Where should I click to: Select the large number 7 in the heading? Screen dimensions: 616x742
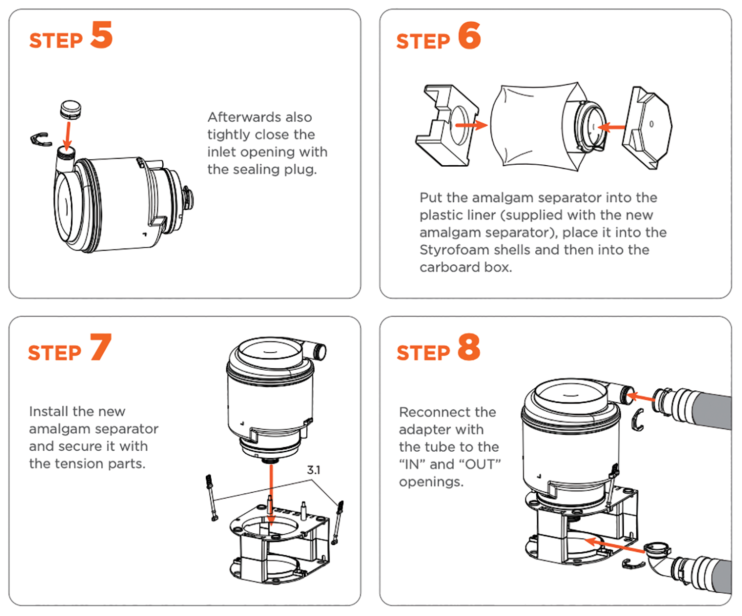pos(100,347)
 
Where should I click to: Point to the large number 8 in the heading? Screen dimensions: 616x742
pos(468,347)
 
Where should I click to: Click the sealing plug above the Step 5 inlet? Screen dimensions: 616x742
pos(70,109)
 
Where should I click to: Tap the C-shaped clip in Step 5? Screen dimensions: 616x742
pos(41,140)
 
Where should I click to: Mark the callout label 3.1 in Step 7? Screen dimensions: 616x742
pos(314,470)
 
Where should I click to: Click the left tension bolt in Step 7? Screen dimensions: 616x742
pos(211,497)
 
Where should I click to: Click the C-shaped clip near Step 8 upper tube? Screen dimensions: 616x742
pos(639,420)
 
